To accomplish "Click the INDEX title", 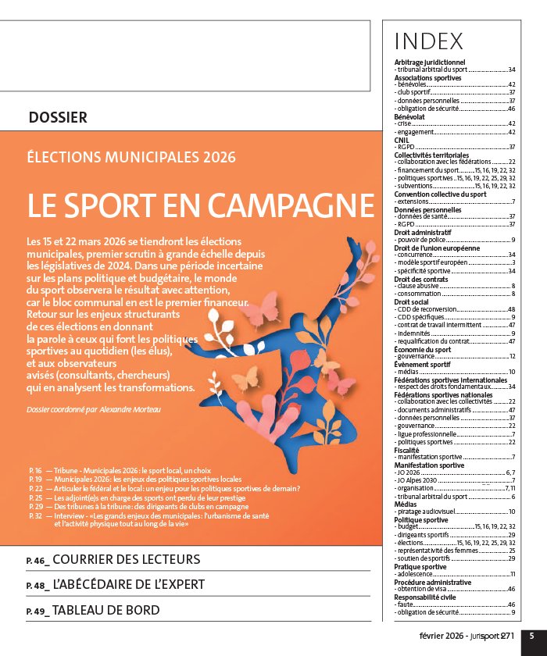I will tap(429, 41).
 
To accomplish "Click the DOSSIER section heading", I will tap(58, 118).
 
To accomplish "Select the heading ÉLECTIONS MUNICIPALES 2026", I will tap(130, 157).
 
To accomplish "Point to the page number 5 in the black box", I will tap(531, 636).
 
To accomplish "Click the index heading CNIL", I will tap(402, 140).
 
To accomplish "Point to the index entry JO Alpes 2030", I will tap(421, 480).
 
